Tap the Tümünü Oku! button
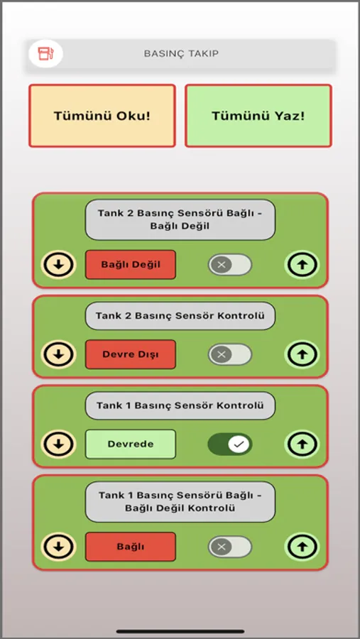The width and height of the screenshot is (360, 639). coord(102,116)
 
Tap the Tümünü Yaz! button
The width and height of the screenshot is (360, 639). coord(258,116)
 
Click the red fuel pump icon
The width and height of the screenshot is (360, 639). coord(45,53)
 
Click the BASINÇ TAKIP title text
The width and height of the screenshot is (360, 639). coord(181,53)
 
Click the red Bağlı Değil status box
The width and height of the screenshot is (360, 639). coord(131,265)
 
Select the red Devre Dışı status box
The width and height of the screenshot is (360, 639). coord(131,354)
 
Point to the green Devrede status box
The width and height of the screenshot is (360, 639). coord(131,444)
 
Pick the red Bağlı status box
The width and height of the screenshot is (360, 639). coord(131,547)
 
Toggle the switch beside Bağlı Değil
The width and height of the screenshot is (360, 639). coord(230,265)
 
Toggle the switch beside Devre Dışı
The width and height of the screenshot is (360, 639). coord(230,354)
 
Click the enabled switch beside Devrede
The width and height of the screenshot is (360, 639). coord(230,444)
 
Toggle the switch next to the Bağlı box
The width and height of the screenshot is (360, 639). coord(230,547)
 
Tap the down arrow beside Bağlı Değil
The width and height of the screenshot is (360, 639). coord(59,265)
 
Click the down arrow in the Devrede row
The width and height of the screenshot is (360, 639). coord(59,444)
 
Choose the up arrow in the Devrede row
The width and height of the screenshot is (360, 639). coord(302,444)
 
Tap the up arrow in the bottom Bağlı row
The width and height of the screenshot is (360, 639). coord(302,547)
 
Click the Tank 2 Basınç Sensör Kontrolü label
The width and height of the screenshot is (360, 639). coord(180,316)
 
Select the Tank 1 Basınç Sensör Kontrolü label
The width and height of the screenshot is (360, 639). coord(180,405)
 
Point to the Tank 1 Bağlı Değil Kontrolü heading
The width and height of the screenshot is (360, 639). coord(180,502)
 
